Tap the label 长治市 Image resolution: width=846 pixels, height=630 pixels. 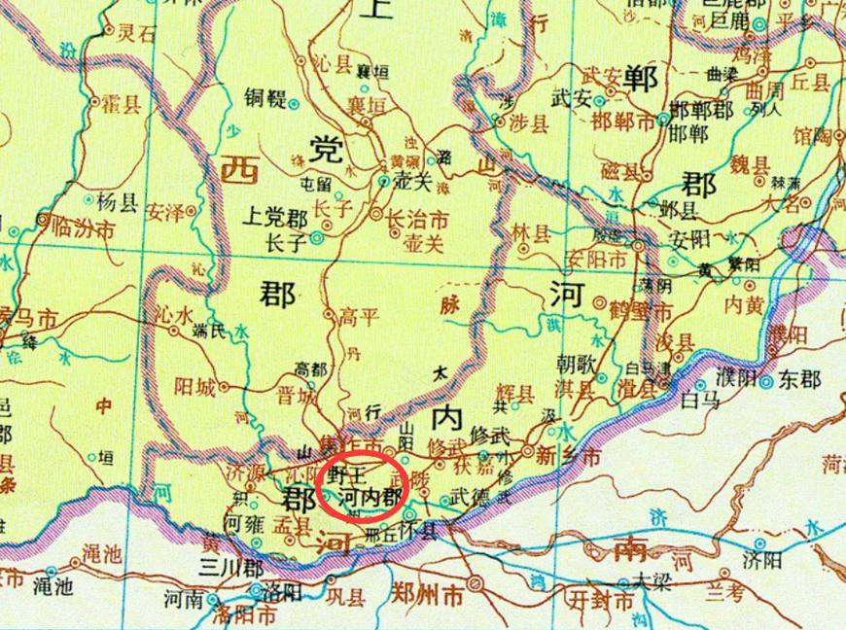click(x=417, y=219)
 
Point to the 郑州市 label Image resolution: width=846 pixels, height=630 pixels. click(x=427, y=591)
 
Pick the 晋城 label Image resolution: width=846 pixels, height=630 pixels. click(x=298, y=396)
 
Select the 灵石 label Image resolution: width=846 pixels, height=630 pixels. click(x=136, y=32)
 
